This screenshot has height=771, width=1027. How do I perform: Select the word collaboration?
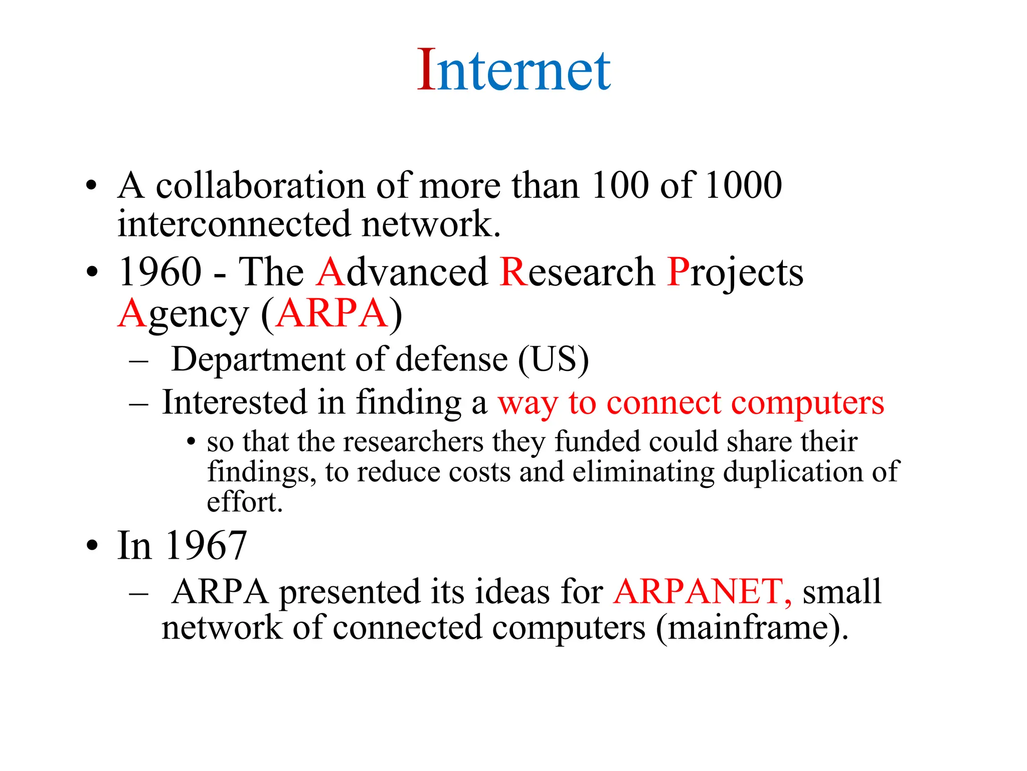(260, 185)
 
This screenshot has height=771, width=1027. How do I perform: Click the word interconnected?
(234, 224)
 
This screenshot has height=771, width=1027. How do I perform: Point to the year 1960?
(160, 272)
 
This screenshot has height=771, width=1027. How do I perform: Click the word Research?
(577, 272)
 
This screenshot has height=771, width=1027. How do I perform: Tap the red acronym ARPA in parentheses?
(332, 314)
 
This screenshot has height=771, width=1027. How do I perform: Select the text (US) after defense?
(553, 359)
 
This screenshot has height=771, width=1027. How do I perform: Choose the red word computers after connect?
(807, 403)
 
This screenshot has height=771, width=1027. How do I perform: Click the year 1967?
(207, 545)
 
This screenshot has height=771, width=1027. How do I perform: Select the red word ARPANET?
(702, 591)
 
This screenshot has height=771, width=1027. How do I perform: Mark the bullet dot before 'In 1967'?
(92, 546)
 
